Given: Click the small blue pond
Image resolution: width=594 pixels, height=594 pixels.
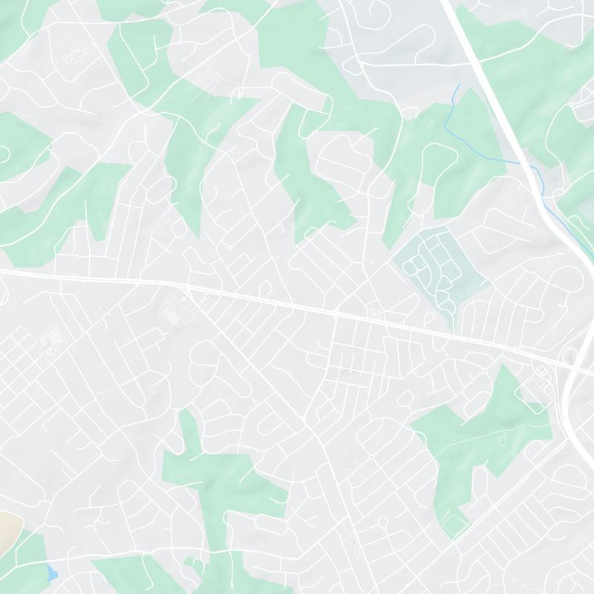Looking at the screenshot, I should [x=51, y=572].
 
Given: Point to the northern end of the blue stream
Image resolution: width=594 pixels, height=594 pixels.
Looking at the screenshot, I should [x=457, y=86].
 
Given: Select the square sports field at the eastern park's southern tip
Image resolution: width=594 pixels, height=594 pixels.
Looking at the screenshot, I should [x=454, y=525].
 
